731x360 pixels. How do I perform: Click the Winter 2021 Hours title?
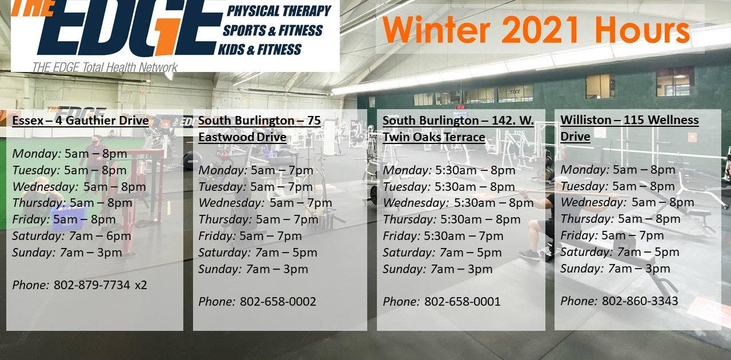(x=536, y=29)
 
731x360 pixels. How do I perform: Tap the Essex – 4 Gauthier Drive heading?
(x=81, y=121)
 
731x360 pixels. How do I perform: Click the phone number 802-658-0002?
(x=278, y=302)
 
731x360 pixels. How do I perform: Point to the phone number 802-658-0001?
(x=463, y=302)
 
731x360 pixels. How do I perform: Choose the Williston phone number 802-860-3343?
(x=640, y=301)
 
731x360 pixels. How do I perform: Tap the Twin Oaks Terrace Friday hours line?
(x=443, y=236)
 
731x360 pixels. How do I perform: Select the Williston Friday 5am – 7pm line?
(x=612, y=235)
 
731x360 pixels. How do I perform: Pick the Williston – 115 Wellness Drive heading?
(x=629, y=128)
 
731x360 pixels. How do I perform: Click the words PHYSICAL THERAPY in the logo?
(x=279, y=11)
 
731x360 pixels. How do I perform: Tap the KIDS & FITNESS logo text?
(x=260, y=50)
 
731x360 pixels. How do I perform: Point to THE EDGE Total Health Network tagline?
(x=105, y=67)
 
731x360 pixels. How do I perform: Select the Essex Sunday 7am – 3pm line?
(x=67, y=253)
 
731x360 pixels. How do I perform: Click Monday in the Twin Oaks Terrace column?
(x=407, y=170)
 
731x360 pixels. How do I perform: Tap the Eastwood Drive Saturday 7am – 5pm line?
(x=258, y=253)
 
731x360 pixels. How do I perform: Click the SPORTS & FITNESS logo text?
(x=272, y=30)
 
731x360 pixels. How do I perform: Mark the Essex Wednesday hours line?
(x=79, y=187)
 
